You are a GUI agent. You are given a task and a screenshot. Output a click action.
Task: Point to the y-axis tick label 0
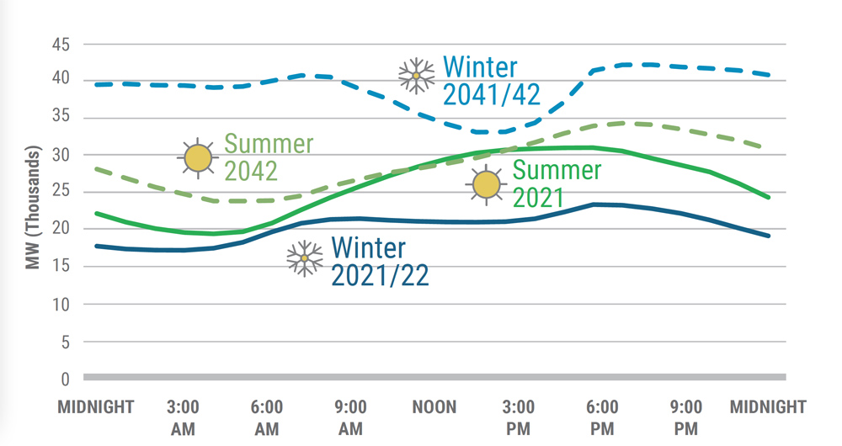(64, 379)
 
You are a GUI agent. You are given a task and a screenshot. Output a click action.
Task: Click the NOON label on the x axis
(434, 408)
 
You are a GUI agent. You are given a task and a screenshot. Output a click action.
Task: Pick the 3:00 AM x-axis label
(183, 418)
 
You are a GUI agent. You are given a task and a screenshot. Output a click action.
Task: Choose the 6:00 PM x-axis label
(602, 418)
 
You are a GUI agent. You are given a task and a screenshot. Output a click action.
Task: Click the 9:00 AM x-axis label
(350, 418)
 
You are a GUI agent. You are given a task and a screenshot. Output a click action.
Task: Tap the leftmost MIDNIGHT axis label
(96, 408)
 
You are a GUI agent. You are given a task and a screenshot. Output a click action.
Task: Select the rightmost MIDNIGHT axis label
(768, 408)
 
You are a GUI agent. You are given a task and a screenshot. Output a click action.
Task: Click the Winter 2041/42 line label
(491, 81)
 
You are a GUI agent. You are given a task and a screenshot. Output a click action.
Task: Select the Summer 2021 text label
(557, 184)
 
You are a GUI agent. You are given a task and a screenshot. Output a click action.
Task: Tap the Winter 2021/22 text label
(380, 261)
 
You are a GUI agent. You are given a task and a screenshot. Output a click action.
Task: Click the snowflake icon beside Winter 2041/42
(416, 76)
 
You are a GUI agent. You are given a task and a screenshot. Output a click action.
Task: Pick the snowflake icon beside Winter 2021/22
(305, 258)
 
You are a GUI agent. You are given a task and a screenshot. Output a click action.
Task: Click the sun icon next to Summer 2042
(198, 157)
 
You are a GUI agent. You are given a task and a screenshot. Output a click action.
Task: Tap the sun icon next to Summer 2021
(486, 184)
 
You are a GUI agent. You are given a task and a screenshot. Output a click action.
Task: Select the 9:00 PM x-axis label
(686, 418)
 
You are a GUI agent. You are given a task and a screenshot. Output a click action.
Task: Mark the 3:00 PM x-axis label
(519, 418)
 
